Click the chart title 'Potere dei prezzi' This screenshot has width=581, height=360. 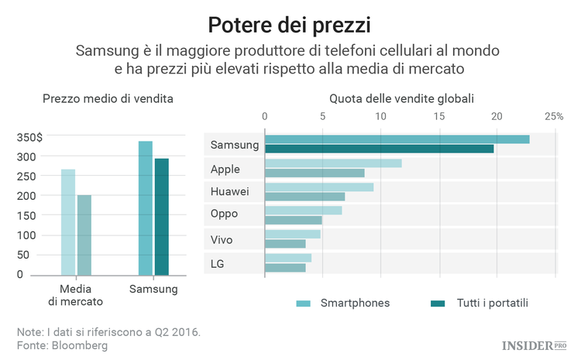pos(290,23)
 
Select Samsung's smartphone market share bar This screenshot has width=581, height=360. pos(397,139)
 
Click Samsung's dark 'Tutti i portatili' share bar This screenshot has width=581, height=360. pos(380,149)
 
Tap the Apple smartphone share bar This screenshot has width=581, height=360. pos(333,163)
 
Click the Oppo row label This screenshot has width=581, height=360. pos(224,214)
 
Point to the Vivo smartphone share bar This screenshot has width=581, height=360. pos(293,234)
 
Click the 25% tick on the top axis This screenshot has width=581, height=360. pos(553,116)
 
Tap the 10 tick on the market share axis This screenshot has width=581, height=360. pos(380,116)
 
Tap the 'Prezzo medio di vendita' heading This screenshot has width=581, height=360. pos(108,98)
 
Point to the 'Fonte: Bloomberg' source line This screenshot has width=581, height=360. pos(62,345)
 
